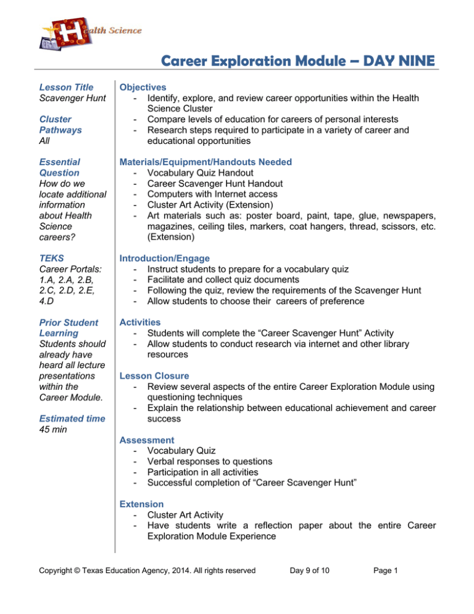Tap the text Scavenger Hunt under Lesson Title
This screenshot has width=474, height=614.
(72, 98)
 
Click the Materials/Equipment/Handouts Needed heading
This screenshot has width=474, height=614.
(206, 162)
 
